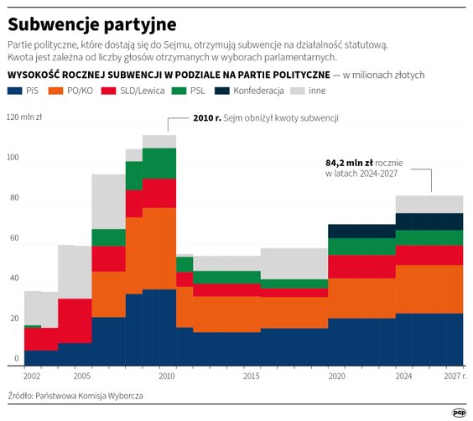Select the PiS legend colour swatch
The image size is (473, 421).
coord(14,90)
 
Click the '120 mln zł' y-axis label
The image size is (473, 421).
coord(25,117)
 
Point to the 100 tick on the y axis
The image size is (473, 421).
coord(13,158)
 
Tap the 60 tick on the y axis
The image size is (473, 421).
coord(13,239)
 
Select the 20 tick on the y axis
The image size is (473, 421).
coord(13,320)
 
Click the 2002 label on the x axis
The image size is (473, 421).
coord(34,377)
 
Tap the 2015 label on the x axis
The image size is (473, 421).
coord(252,377)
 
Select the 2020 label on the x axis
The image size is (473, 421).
coord(336,377)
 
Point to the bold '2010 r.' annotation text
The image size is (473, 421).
coord(206,118)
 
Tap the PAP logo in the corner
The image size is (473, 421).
coord(459,411)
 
